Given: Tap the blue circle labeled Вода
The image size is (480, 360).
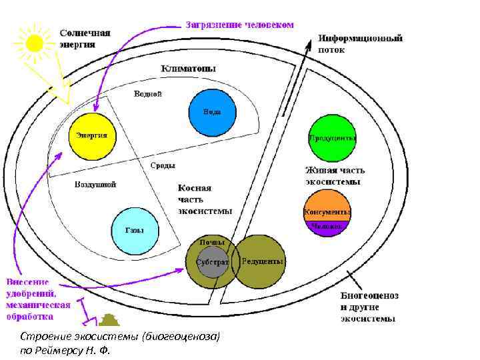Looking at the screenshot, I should tap(213, 112).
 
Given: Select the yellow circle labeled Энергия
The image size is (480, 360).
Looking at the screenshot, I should tap(92, 135).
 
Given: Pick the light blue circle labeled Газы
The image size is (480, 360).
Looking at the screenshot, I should tap(135, 231).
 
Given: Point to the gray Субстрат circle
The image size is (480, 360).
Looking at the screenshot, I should tap(212, 262).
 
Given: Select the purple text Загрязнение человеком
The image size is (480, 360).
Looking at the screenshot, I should tap(239, 25).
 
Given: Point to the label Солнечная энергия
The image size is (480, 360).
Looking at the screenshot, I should tap(85, 39).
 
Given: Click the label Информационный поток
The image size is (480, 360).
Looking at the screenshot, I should tap(360, 44).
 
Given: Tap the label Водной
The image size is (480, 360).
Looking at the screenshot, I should tap(148, 94).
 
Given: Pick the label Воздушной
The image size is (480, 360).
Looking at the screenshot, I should tap(95, 185).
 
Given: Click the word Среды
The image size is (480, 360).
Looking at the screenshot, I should tap(163, 165).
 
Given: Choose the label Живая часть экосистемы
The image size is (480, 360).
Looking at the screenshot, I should tap(335, 175).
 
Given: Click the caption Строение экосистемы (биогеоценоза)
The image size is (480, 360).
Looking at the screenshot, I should tap(120, 335).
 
